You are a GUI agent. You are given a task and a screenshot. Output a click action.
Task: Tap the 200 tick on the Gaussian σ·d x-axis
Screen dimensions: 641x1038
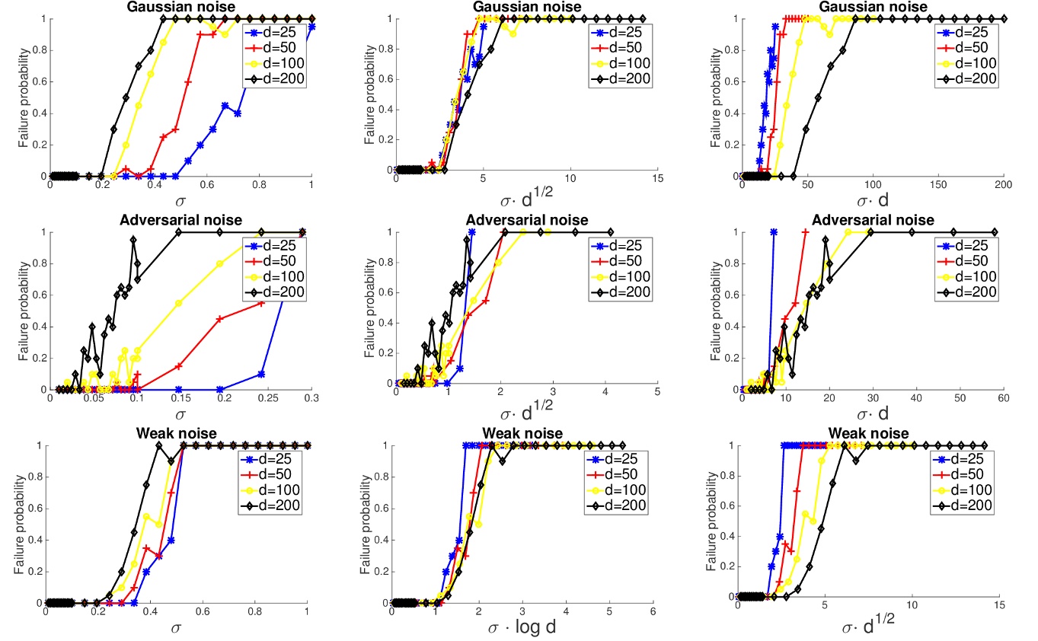tap(1004, 186)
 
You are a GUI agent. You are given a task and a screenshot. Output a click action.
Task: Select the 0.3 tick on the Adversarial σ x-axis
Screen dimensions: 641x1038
tap(304, 398)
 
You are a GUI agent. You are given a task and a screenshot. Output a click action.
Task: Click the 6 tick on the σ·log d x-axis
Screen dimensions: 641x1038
tap(653, 612)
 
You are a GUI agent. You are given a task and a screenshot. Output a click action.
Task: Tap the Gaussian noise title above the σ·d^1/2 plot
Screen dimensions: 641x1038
tap(526, 7)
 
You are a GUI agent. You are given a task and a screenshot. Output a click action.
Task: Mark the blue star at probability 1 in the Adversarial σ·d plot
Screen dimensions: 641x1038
tap(774, 232)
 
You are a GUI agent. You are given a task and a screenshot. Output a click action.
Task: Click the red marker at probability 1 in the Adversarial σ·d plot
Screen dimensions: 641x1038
tap(806, 232)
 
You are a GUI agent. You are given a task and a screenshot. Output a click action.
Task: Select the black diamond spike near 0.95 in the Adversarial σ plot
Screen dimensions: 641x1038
tap(133, 240)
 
